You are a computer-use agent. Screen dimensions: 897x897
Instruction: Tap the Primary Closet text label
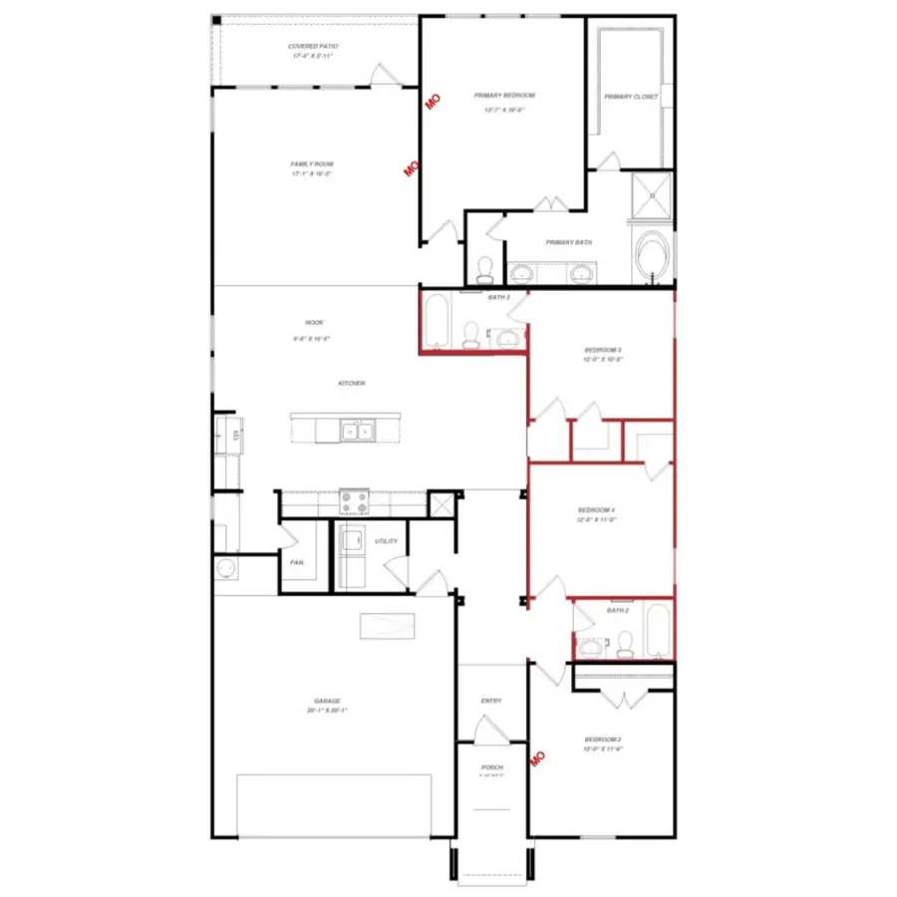click(x=630, y=97)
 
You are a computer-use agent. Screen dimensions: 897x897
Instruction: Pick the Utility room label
click(x=386, y=541)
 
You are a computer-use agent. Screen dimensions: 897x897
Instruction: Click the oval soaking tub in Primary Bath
click(x=654, y=255)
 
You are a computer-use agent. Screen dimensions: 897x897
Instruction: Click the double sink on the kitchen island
click(x=356, y=431)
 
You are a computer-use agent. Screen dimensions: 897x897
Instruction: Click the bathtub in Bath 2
click(x=657, y=631)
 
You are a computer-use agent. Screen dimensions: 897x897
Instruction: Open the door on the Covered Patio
click(x=383, y=76)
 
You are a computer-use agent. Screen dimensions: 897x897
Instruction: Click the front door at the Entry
click(x=490, y=733)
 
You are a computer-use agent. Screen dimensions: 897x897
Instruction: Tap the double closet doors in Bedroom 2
click(x=623, y=699)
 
